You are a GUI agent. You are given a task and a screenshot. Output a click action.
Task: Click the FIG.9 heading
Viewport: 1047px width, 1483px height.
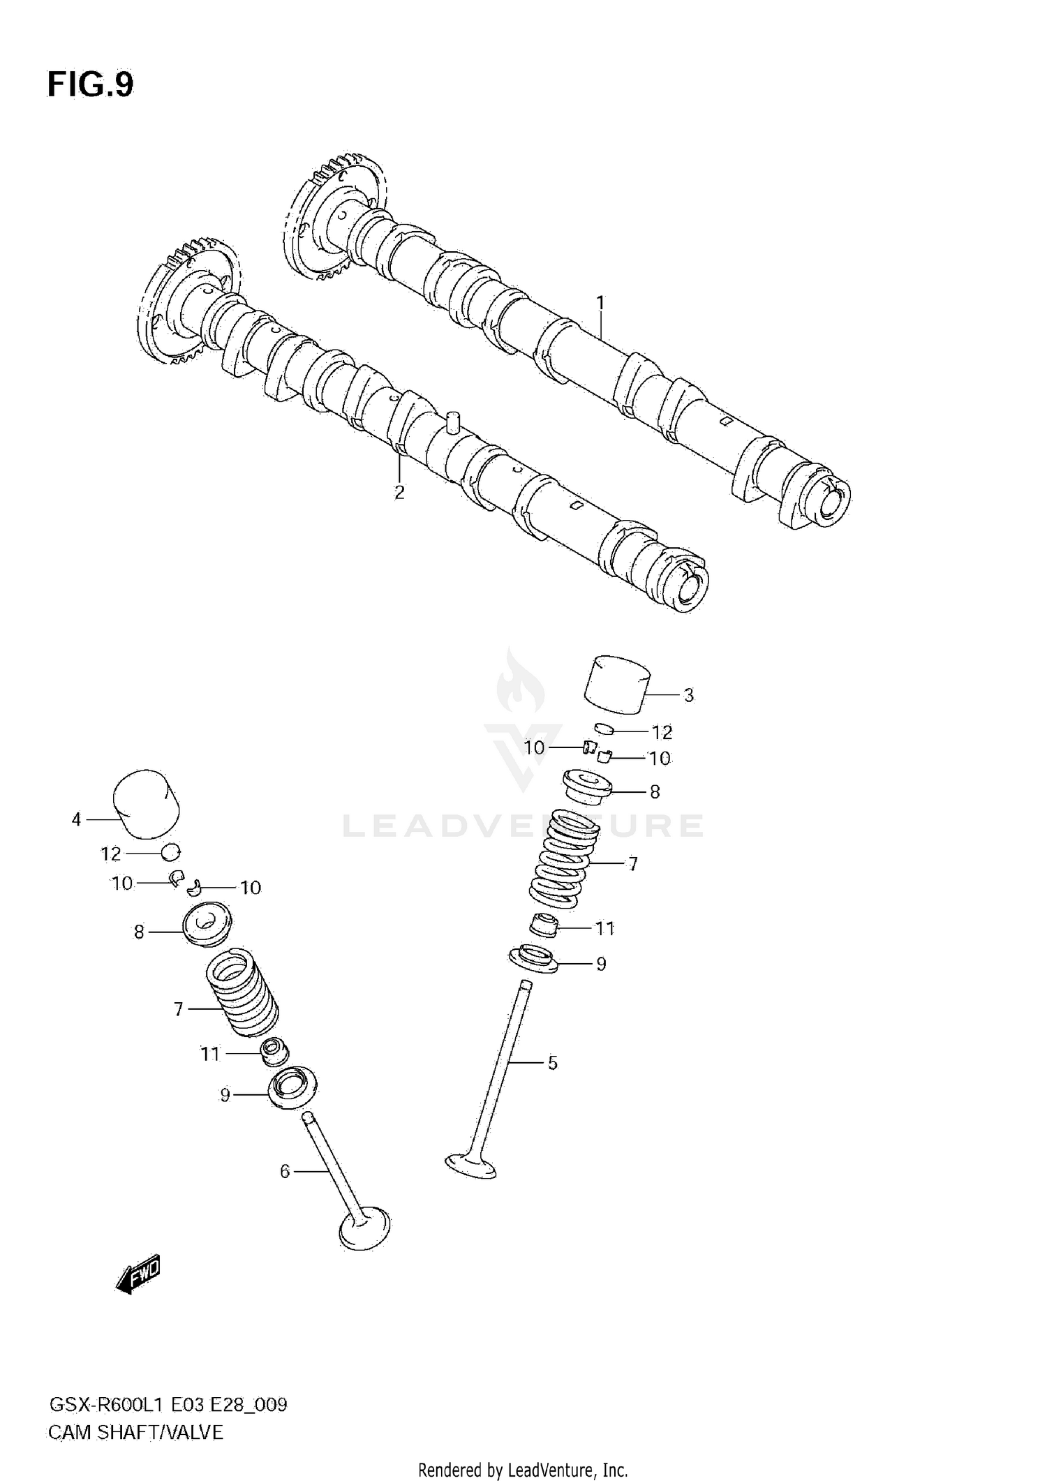90,85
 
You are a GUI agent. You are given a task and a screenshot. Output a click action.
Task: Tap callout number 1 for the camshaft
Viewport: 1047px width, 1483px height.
600,303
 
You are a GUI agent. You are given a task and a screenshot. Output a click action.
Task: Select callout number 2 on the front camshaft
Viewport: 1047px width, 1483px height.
399,492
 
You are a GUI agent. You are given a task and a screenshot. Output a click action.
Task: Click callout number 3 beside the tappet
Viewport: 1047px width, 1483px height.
688,695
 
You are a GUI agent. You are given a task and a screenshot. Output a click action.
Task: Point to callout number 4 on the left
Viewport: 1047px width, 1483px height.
77,819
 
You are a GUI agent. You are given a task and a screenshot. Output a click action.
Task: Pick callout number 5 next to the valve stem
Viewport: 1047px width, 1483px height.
552,1063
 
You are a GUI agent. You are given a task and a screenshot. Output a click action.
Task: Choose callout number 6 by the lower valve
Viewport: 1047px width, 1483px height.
284,1171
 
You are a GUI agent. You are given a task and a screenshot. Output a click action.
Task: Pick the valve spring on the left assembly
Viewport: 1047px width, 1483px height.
242,989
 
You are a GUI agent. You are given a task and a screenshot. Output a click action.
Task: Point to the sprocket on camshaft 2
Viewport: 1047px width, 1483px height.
187,304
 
